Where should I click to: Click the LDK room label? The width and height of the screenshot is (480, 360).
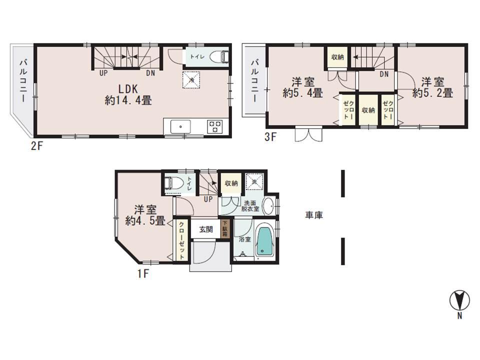[x=128, y=88]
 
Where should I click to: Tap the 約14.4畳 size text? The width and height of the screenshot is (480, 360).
[x=128, y=100]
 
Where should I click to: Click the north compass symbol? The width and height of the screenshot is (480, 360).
[x=459, y=300]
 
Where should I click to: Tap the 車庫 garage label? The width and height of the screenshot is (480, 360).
[x=314, y=215]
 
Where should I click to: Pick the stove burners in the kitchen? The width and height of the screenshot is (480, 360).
[x=215, y=126]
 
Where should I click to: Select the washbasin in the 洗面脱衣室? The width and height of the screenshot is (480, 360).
[x=268, y=206]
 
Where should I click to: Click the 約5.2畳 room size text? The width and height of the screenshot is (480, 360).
[x=433, y=92]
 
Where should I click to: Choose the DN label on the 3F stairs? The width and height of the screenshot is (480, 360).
[x=384, y=74]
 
